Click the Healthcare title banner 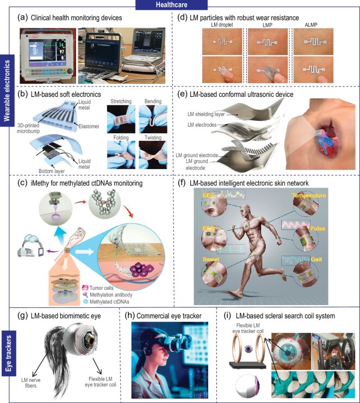tap(179, 5)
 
